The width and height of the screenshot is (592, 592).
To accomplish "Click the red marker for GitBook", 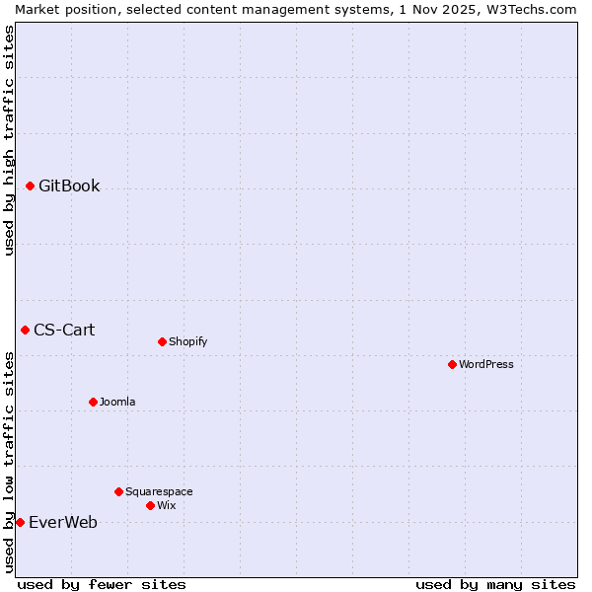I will point(30,185).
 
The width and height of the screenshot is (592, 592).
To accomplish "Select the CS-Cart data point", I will point(25,330).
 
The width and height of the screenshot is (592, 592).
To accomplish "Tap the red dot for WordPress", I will point(452,364).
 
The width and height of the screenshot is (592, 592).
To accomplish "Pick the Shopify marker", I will point(162,341).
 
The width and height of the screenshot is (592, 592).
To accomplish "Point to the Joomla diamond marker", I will point(93,402).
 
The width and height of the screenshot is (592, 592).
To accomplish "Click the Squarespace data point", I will point(118,491).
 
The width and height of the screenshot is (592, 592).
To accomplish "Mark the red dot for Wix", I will point(150,505).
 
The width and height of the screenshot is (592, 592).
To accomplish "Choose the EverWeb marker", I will point(20,522).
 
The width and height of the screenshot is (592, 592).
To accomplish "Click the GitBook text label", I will point(69,185).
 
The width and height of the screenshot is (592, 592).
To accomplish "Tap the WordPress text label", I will point(486,364).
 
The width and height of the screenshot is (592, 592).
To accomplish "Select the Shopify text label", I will point(187,341).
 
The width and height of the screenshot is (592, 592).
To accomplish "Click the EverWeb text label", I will point(63,522).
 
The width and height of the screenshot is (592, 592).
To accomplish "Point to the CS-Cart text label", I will point(64,330).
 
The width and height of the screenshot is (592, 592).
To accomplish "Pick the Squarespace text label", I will point(159,491).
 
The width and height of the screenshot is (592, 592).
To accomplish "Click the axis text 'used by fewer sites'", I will point(102,584).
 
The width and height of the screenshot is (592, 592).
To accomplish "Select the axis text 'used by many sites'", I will point(495,584).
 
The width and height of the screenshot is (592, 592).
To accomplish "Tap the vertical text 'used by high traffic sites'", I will point(9,140).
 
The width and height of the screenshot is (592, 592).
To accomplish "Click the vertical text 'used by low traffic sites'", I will point(9,462).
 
